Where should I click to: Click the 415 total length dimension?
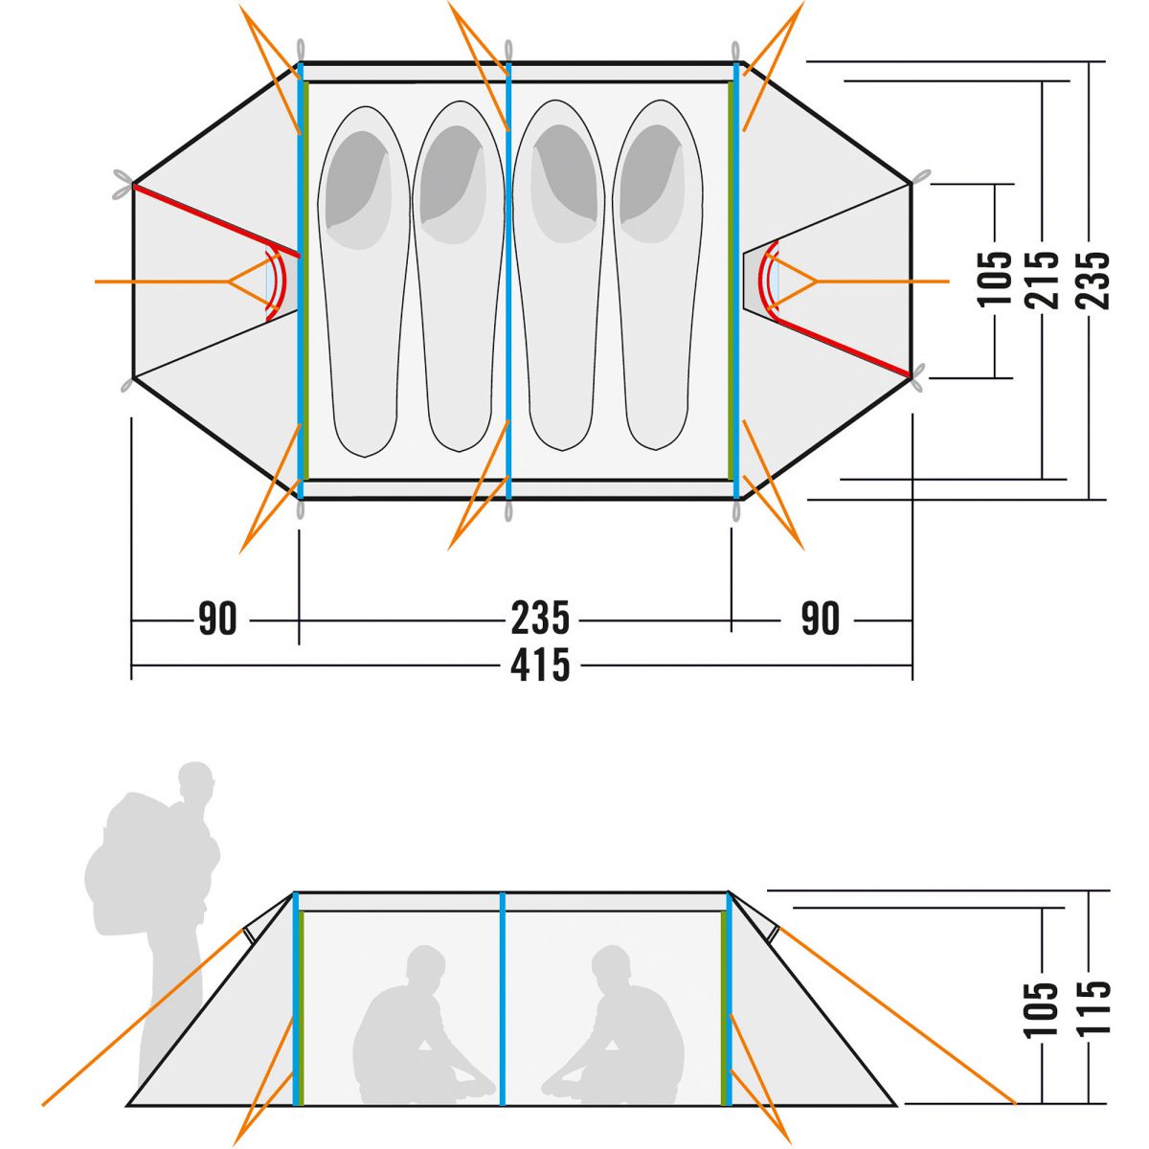pos(540,665)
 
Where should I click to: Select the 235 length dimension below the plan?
pos(540,620)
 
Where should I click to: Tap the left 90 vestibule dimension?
pos(217,620)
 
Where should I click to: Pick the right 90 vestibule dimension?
pos(821,620)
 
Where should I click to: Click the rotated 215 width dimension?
pos(1043,280)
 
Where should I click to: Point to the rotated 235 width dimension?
pos(1093,280)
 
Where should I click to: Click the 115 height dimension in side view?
pos(1093,1007)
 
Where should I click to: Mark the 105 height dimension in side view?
pos(1043,1007)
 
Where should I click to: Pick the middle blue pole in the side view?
pos(502,996)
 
